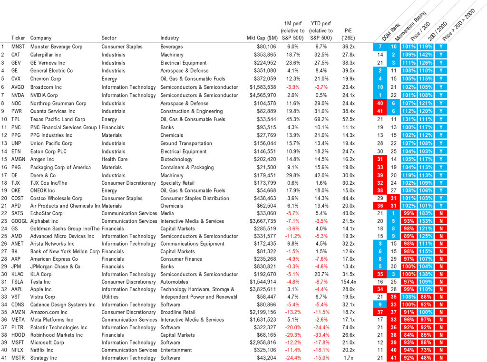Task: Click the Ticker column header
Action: pyautogui.click(x=18, y=38)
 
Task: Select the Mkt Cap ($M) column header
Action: pyautogui.click(x=262, y=38)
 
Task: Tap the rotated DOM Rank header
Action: pyautogui.click(x=391, y=32)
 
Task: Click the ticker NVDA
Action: pyautogui.click(x=18, y=95)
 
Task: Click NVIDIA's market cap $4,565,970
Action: pyautogui.click(x=263, y=95)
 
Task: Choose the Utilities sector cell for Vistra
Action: pyautogui.click(x=110, y=297)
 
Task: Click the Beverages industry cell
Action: pyautogui.click(x=171, y=47)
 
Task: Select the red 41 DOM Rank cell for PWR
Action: pyautogui.click(x=380, y=111)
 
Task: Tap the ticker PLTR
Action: pyautogui.click(x=18, y=327)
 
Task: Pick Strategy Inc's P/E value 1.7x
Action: pyautogui.click(x=349, y=358)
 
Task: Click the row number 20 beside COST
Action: pyautogui.click(x=4, y=198)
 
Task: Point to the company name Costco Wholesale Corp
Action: pyautogui.click(x=56, y=198)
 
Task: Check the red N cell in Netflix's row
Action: pyautogui.click(x=441, y=350)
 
